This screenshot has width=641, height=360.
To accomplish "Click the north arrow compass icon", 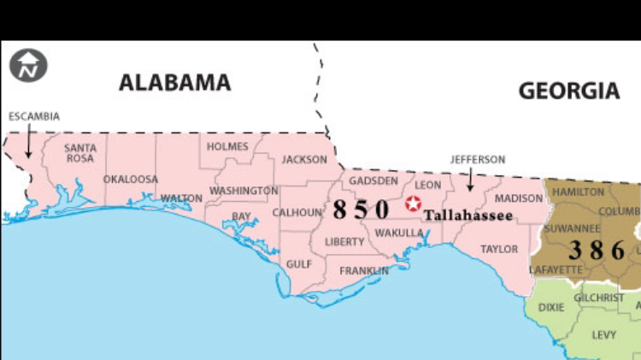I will pos(28,65).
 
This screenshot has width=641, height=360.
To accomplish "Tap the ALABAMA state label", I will pos(174,82).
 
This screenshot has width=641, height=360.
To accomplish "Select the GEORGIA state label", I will pos(568,91).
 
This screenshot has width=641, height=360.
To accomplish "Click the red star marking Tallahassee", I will pos(414,204).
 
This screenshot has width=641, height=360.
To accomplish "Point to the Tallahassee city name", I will pos(468,215).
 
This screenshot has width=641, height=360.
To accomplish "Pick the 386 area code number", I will pos(597,251).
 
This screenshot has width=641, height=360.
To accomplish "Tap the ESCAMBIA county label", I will pos(33,116).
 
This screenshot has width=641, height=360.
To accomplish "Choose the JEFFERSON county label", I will pos(478,159).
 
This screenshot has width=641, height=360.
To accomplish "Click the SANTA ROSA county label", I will pos(80,152).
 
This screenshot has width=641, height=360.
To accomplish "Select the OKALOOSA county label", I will pos(131,180).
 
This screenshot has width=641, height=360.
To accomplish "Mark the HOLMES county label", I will pos(226,146).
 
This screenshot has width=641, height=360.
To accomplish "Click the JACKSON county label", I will pos(304,159).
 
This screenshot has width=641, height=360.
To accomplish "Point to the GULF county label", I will pos(298,264).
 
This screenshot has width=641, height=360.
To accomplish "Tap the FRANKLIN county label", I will pos(364,271).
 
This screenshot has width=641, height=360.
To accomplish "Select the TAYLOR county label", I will pos(498,249).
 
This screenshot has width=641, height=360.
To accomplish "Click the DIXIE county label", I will pos(551,307).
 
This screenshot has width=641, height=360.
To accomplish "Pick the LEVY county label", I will pos(603,334).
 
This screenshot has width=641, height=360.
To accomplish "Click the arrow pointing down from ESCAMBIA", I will pos(28,141).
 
